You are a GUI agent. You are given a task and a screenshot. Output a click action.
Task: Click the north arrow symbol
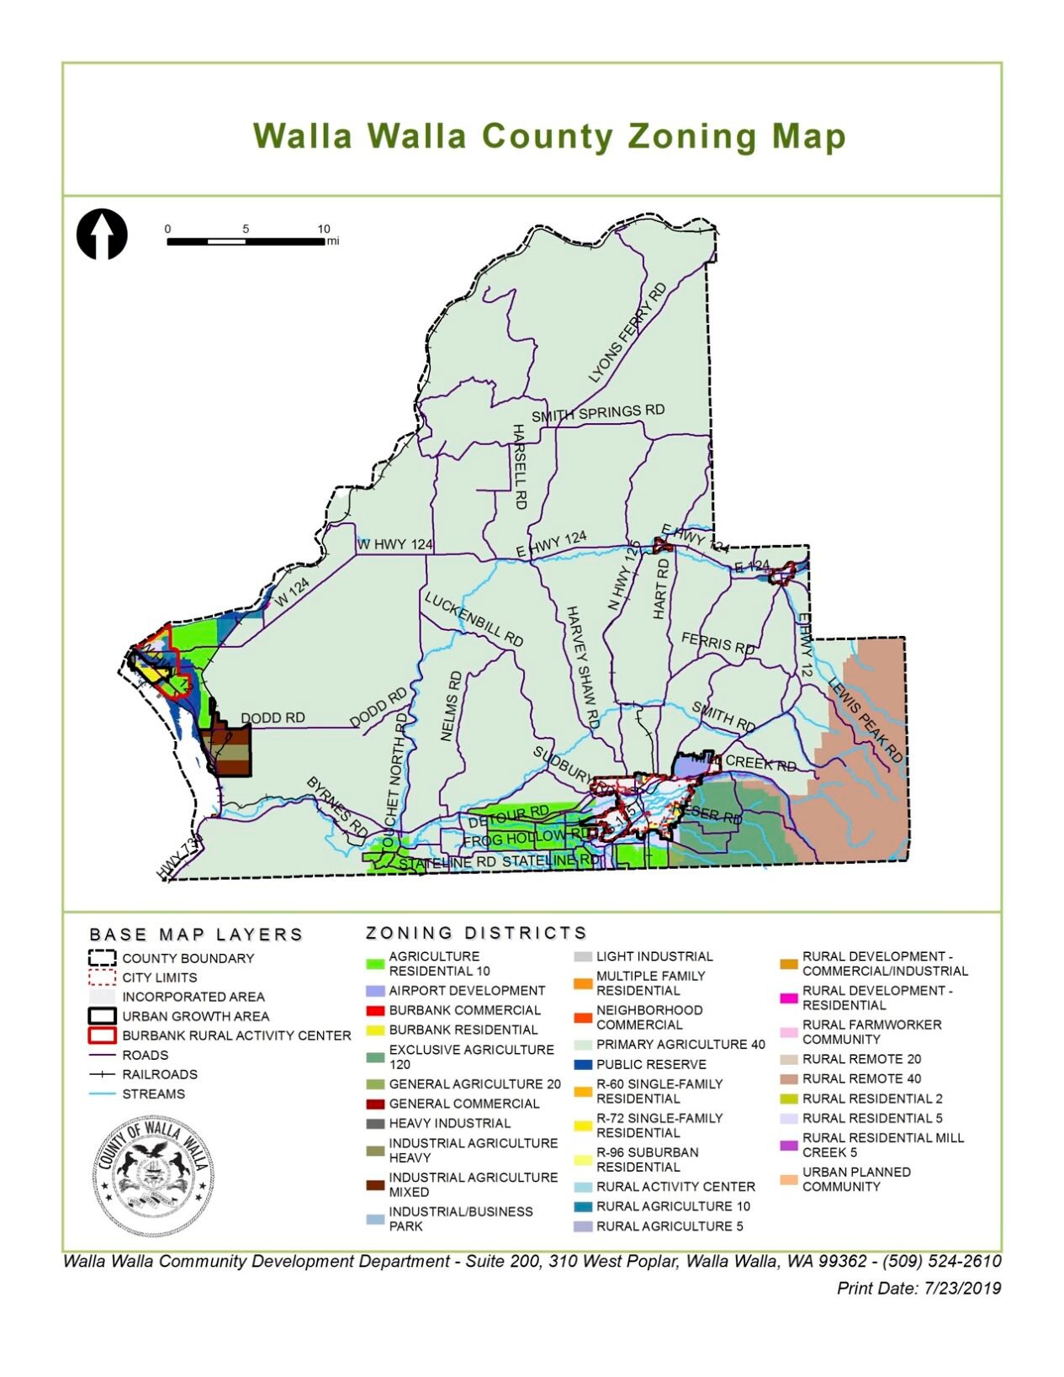pos(102,234)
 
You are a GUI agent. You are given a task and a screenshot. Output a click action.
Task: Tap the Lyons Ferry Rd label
pos(627,333)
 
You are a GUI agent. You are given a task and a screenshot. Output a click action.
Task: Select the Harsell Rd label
pos(519,466)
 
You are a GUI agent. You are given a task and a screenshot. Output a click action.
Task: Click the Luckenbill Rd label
pos(474,620)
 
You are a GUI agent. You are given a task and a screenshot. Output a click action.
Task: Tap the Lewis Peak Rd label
pos(865,720)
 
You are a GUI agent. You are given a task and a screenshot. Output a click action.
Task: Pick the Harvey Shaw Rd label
pos(581,667)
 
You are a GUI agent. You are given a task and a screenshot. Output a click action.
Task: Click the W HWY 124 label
pos(395,544)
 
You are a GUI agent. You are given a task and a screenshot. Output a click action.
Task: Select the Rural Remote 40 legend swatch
pos(789,1078)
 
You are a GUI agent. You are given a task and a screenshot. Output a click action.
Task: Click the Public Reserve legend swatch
pos(583,1064)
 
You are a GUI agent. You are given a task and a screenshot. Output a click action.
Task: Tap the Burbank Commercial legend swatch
pos(375,1010)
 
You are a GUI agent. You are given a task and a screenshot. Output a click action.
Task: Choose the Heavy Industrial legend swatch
pos(375,1123)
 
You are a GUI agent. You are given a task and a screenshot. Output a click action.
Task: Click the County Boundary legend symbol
pos(102,958)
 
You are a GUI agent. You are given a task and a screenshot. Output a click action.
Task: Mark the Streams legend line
pos(102,1094)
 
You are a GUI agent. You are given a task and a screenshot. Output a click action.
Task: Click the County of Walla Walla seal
pos(152,1177)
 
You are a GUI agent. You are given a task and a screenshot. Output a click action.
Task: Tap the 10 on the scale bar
pos(324,229)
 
